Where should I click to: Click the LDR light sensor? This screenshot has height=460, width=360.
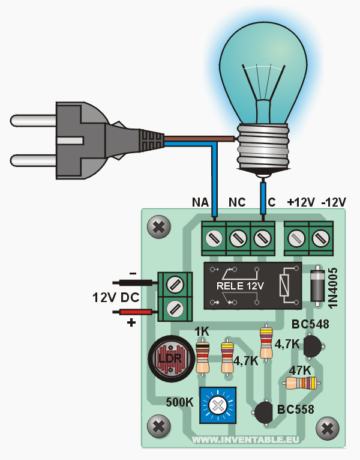coord(171,359)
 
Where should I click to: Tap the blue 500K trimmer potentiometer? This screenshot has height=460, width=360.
coord(218,405)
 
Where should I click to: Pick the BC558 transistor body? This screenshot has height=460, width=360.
coord(264,412)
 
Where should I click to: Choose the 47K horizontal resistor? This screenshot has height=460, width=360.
coord(301,383)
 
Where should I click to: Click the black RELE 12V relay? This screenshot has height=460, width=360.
coord(253,286)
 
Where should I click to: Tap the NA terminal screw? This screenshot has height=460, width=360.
coord(214,238)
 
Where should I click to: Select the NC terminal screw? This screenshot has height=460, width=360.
coord(238,238)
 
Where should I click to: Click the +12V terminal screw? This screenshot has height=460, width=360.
coord(296,238)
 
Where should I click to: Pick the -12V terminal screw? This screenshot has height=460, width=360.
coord(321,238)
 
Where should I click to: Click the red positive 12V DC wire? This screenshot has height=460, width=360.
coord(136,312)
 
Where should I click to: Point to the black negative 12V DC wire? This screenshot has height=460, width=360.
coord(136,283)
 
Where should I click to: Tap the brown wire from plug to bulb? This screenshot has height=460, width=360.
coord(199,138)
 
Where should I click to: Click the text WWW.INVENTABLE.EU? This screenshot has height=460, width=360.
coord(245,440)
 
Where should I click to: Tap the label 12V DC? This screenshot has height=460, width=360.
coord(116,297)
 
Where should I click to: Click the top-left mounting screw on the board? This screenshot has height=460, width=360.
coord(158,227)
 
